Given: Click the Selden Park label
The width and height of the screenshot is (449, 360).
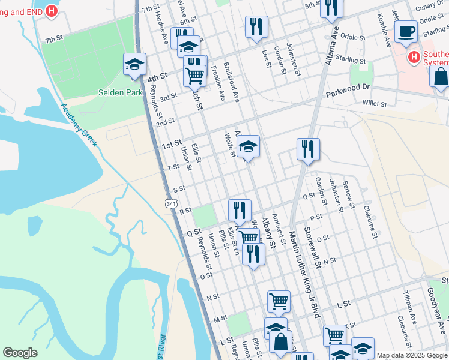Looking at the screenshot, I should coord(121,93).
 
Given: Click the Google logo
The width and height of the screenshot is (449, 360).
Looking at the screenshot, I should coord(20,353).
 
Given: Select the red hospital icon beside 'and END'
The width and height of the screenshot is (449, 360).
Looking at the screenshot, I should coord(52,11).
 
